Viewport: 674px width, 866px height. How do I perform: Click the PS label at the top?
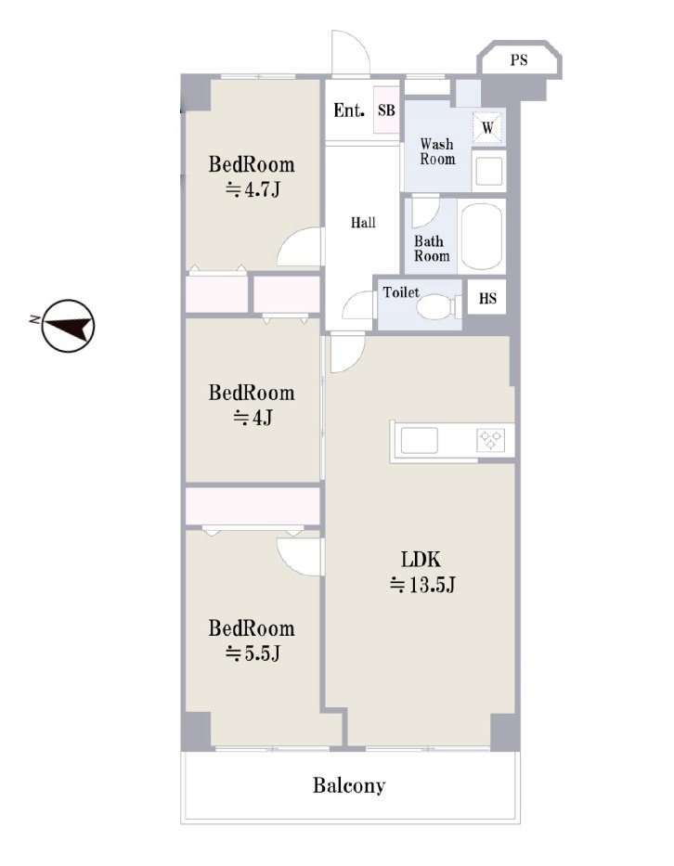(x=519, y=59)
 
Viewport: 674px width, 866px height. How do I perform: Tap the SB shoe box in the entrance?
(x=386, y=110)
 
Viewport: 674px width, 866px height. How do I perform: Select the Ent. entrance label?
(x=349, y=110)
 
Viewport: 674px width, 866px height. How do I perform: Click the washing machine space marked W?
(x=487, y=128)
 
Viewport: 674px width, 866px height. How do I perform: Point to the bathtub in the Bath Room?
(x=481, y=237)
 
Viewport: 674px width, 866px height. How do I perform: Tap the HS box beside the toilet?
(x=487, y=299)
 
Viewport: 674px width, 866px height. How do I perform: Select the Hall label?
(x=363, y=223)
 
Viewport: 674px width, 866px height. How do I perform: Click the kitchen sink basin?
(x=420, y=441)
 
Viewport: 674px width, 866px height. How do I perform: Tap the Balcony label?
(x=349, y=785)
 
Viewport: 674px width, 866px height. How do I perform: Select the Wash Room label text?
(x=437, y=151)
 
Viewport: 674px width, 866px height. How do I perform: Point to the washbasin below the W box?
(x=489, y=170)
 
